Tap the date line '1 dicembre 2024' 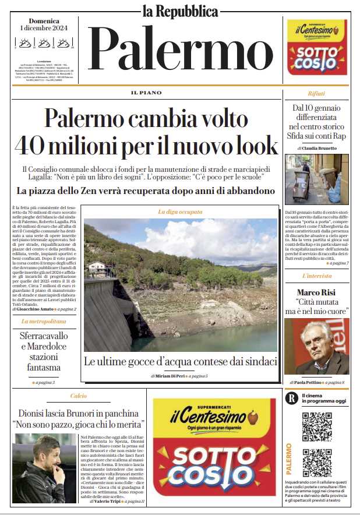click(x=43, y=28)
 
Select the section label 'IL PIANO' click(x=146, y=93)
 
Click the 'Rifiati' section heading click(x=316, y=93)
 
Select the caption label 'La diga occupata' click(x=180, y=212)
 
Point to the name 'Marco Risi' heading click(x=316, y=292)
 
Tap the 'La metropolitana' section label click(x=43, y=321)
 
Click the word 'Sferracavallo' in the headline click(x=44, y=337)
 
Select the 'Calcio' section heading click(x=79, y=396)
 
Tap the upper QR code click(x=317, y=426)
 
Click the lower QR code click(x=317, y=463)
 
